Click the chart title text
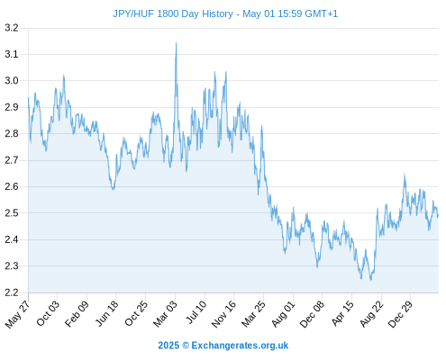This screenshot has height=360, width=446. pos(225,13)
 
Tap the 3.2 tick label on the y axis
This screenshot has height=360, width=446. pos(12,28)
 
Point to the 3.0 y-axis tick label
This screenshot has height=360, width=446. pos(12,81)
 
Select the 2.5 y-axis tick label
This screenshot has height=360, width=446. pos(12,213)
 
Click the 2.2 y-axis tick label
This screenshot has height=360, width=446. pos(12,292)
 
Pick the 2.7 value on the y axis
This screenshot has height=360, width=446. pos(12,160)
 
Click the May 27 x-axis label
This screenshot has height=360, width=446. pos(18,314)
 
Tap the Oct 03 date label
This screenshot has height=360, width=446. pos(48,313)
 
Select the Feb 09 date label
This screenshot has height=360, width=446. pos(77,313)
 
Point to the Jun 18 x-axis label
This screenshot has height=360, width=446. pos(107,313)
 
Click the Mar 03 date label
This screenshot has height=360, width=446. pos(166,314)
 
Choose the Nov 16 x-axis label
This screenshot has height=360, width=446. pos(223,314)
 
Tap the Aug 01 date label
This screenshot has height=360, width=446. pos(283,314)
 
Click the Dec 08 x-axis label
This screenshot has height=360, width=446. pos(313,314)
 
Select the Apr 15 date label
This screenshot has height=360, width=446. pos(342,313)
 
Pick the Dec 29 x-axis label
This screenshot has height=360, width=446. pos(400,314)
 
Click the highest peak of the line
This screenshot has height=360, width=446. pos(176,43)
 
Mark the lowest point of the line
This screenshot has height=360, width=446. pos(371,281)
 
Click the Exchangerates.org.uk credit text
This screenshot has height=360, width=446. pos(240,346)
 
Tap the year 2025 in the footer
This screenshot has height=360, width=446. pos(168,346)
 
